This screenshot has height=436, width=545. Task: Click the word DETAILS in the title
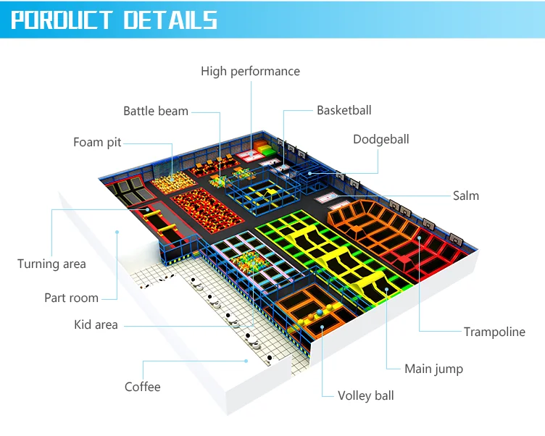click(170, 20)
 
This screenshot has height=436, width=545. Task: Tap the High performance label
click(250, 71)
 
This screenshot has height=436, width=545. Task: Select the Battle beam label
click(155, 111)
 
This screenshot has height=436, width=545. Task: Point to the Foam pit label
click(97, 142)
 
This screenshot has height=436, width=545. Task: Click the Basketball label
click(344, 110)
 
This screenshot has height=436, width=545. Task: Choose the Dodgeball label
click(380, 139)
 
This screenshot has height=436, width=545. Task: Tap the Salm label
click(465, 196)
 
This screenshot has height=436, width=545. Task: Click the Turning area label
click(51, 264)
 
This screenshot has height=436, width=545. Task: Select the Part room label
click(71, 298)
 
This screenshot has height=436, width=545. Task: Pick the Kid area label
click(96, 324)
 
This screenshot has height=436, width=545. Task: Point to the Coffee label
click(142, 387)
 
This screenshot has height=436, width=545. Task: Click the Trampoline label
click(494, 332)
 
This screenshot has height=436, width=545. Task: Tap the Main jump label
click(433, 369)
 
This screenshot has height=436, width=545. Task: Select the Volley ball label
click(366, 395)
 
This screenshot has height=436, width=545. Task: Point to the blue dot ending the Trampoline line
click(420, 236)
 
